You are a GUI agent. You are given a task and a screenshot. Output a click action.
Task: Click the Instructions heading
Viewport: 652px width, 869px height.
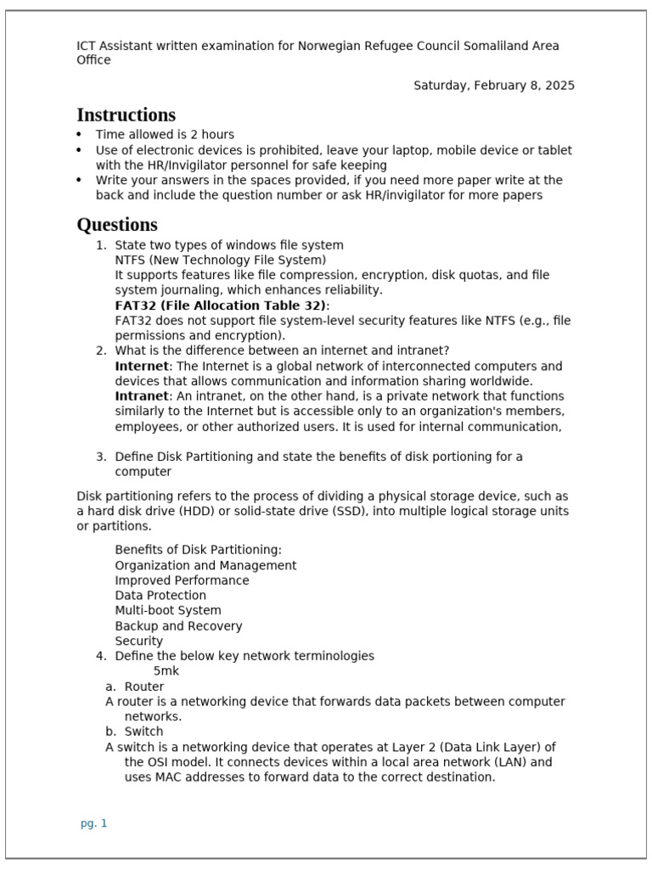(126, 115)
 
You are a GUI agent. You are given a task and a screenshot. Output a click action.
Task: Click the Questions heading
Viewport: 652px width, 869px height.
(117, 225)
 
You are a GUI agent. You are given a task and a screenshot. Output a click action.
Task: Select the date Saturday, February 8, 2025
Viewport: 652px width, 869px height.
(493, 86)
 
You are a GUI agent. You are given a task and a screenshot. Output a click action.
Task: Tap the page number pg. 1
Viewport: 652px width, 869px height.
(93, 823)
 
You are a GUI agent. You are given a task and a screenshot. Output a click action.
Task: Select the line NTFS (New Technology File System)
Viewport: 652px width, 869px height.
(220, 260)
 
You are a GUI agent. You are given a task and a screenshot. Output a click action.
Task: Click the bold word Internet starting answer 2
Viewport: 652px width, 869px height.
(142, 366)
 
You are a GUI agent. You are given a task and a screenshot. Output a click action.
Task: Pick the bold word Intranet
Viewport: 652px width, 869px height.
(142, 396)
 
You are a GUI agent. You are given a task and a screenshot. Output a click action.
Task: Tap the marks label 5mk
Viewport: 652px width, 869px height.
(166, 671)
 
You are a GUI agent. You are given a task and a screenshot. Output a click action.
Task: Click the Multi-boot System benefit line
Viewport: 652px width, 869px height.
(168, 610)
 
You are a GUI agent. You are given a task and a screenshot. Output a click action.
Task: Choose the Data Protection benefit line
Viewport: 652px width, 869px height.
(160, 596)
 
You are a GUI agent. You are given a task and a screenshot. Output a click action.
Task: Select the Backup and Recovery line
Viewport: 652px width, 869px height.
(178, 625)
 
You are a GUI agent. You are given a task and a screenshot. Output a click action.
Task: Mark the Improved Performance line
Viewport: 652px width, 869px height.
(182, 580)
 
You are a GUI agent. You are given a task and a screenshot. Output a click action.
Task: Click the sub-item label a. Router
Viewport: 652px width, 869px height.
(135, 687)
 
